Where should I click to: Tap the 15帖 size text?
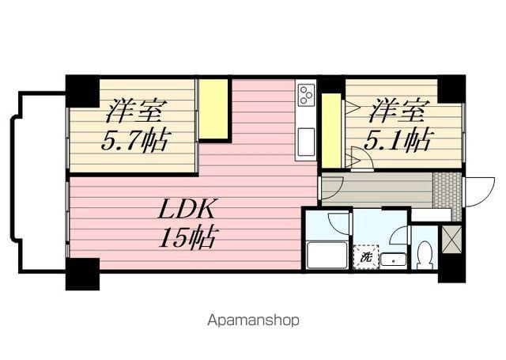coord(187,237)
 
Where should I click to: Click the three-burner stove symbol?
coord(306,97)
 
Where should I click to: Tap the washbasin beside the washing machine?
coord(392,258)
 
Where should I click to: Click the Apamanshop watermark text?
coord(253,321)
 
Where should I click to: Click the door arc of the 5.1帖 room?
coord(361,159)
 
